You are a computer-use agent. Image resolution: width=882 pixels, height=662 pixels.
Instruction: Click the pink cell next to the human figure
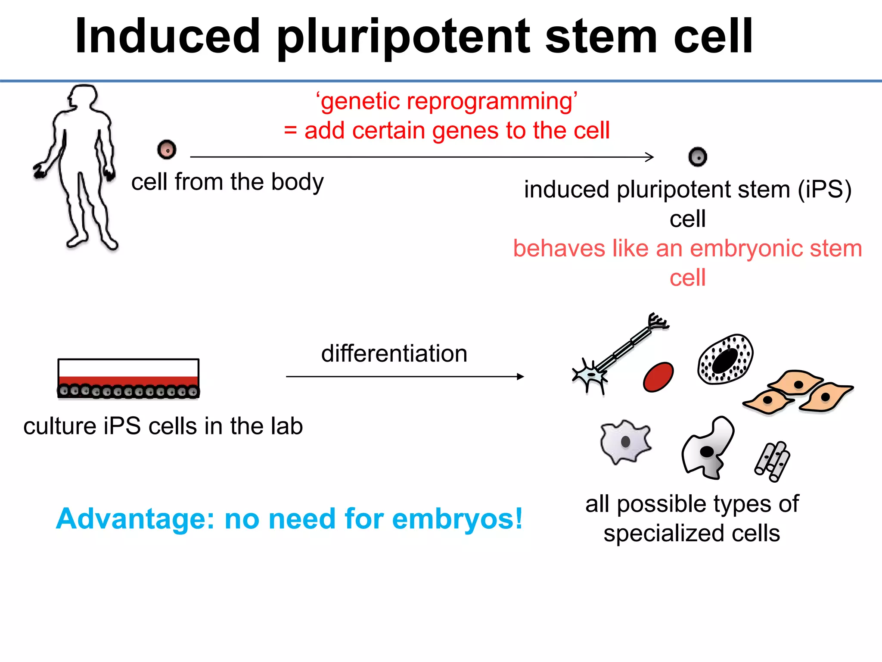(x=167, y=150)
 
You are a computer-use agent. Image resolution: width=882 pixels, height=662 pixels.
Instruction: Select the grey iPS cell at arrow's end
(x=698, y=156)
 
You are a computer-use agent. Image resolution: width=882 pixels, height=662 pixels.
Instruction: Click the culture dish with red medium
(x=128, y=378)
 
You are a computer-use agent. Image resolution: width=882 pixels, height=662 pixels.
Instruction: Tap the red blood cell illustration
(x=658, y=377)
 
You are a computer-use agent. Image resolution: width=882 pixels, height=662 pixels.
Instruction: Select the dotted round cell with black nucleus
(x=725, y=359)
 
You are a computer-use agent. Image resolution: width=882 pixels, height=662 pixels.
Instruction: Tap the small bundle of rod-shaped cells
(x=772, y=461)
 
